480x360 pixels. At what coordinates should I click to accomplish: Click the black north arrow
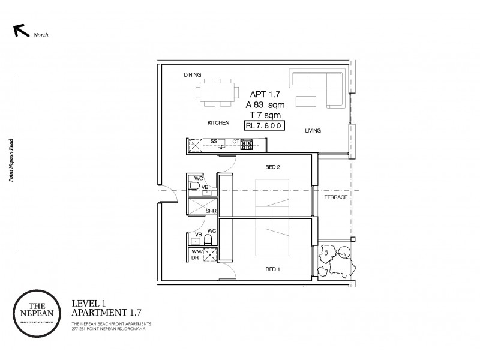pyautogui.click(x=20, y=31)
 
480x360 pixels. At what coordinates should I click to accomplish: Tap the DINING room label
pyautogui.click(x=193, y=75)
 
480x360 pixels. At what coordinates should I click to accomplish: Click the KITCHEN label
pyautogui.click(x=219, y=122)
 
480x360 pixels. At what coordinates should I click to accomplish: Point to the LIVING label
pyautogui.click(x=313, y=130)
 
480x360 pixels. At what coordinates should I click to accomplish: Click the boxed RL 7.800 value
pyautogui.click(x=263, y=126)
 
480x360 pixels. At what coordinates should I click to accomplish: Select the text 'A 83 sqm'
pyautogui.click(x=264, y=104)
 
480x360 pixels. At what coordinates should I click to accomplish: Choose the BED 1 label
pyautogui.click(x=271, y=269)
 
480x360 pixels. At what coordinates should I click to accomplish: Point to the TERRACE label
pyautogui.click(x=335, y=197)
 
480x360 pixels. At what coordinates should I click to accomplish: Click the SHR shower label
pyautogui.click(x=211, y=211)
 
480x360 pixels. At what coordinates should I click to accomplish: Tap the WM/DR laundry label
pyautogui.click(x=196, y=254)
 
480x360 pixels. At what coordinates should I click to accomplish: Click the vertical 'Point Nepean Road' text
pyautogui.click(x=19, y=163)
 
